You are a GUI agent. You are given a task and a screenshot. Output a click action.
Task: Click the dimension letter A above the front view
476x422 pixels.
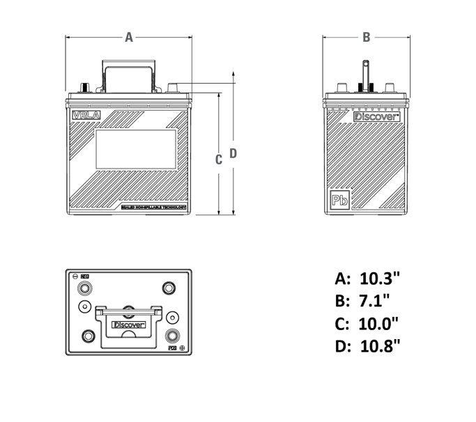coord(129,38)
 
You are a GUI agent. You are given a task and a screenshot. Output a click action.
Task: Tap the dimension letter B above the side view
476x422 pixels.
coord(367,38)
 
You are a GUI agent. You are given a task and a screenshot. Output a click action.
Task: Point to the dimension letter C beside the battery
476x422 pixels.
coord(218,159)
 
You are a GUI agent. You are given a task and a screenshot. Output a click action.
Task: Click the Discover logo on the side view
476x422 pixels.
coord(376,117)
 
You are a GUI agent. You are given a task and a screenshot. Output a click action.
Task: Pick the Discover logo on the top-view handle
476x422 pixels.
coord(128,325)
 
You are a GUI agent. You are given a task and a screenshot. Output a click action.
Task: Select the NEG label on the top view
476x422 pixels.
coord(86,276)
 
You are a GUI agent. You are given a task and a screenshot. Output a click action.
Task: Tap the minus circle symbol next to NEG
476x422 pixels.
coord(75,276)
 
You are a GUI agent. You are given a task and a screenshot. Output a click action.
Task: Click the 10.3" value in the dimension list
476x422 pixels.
coord(380,279)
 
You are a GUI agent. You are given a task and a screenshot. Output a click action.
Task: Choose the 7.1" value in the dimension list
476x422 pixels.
coord(374,302)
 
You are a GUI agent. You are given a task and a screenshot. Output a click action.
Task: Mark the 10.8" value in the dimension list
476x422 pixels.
coord(380,346)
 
